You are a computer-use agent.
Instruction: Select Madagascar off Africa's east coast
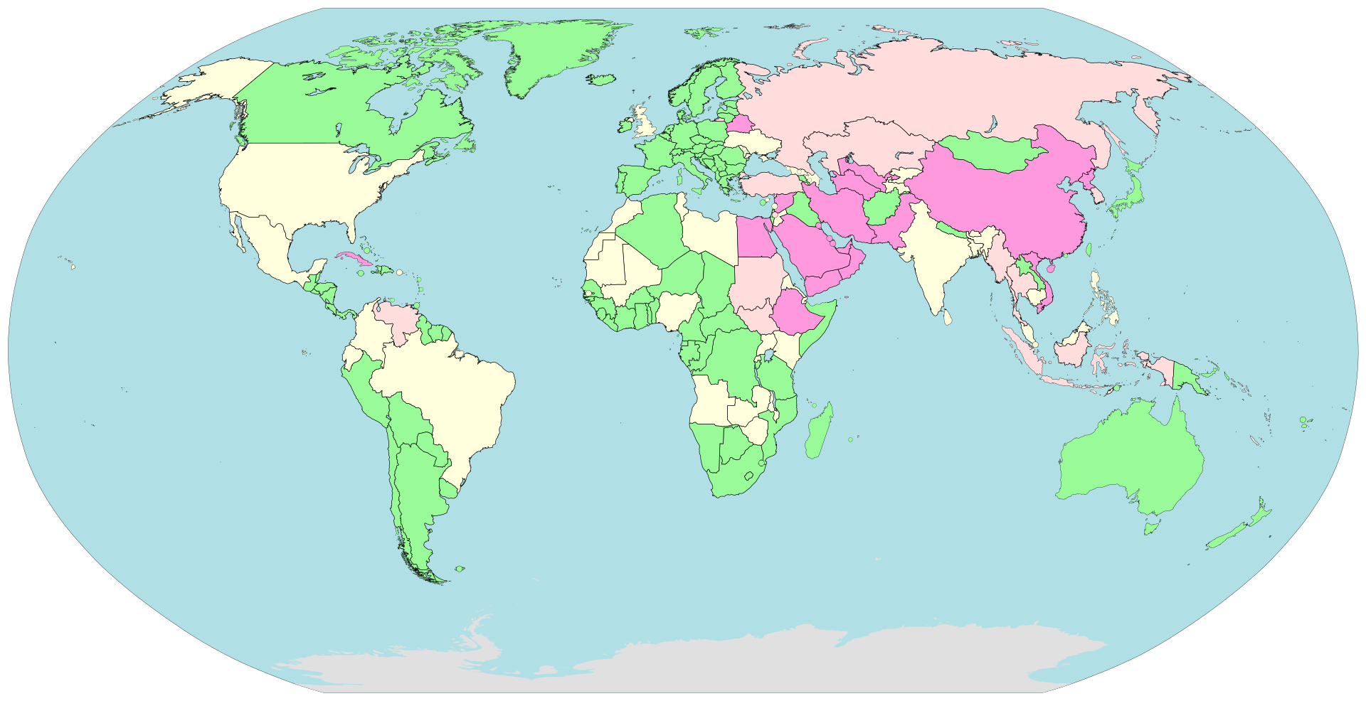pos(820,432)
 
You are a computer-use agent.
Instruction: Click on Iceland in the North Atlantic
pos(602,80)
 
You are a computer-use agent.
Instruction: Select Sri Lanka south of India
pos(948,318)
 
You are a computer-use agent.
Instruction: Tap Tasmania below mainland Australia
pos(1150,528)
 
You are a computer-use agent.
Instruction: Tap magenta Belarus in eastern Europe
pos(738,124)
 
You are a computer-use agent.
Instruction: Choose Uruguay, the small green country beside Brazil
pos(448,490)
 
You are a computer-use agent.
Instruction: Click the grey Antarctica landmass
pos(711,661)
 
